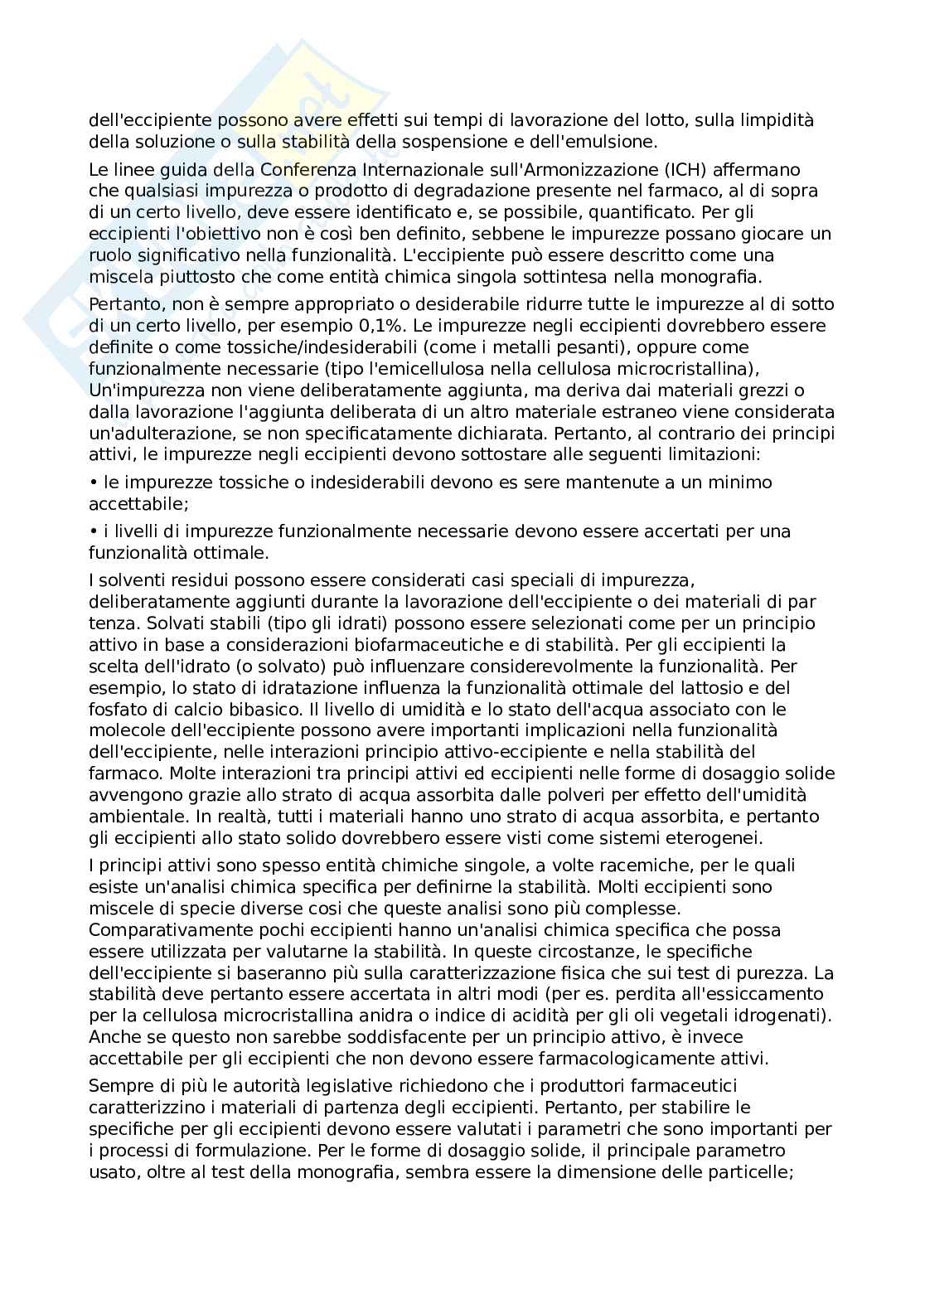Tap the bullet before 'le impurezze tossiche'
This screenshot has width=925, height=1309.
pos(93,482)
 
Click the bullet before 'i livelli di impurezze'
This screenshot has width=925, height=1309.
pos(93,531)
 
